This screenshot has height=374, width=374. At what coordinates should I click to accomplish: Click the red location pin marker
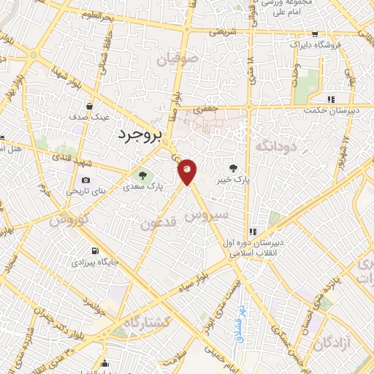[x=188, y=172]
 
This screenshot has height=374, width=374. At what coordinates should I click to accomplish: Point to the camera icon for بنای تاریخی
[x=86, y=180]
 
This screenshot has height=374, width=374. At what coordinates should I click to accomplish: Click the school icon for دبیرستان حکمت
[x=330, y=99]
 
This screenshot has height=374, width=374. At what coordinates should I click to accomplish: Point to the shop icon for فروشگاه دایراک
[x=314, y=34]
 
